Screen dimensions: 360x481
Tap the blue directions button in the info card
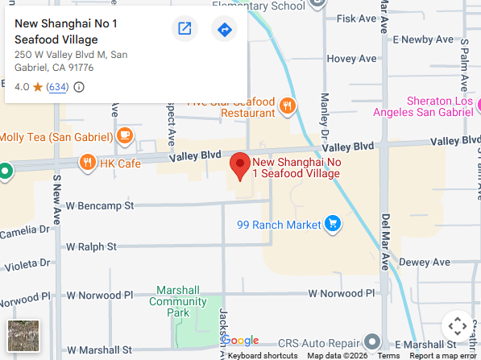tap(224, 30)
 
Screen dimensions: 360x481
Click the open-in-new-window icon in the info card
tap(185, 30)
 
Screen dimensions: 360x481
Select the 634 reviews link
tap(57, 87)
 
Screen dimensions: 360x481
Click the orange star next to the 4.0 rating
tap(37, 87)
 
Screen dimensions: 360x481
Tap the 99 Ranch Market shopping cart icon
tap(331, 224)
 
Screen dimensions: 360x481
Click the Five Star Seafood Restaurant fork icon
tap(287, 106)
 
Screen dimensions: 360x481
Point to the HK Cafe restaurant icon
tap(87, 163)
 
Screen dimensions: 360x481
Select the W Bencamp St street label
tap(100, 206)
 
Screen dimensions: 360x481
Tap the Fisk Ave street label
tap(358, 18)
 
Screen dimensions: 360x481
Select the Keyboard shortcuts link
tap(263, 355)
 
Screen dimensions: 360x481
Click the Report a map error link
tap(442, 355)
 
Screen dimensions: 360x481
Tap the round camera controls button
tap(457, 326)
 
